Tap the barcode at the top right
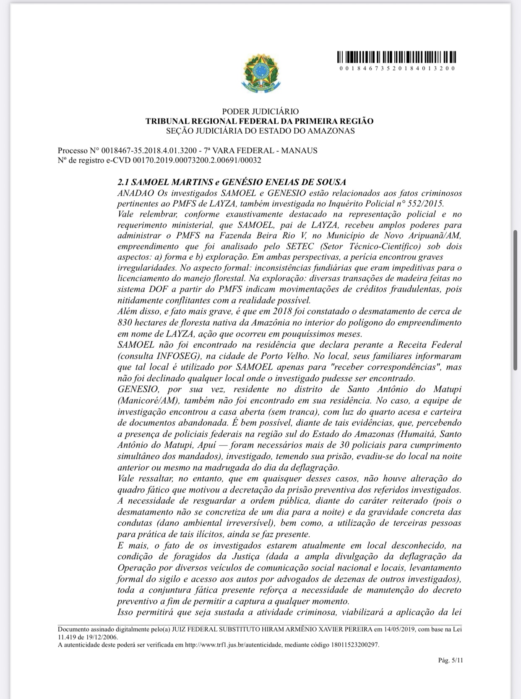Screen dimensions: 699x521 click(x=396, y=57)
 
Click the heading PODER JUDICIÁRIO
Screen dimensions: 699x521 click(x=260, y=111)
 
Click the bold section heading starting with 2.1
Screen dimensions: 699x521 click(x=232, y=182)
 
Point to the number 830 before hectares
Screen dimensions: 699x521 click(x=125, y=323)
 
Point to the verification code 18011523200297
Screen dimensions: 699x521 click(x=355, y=645)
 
